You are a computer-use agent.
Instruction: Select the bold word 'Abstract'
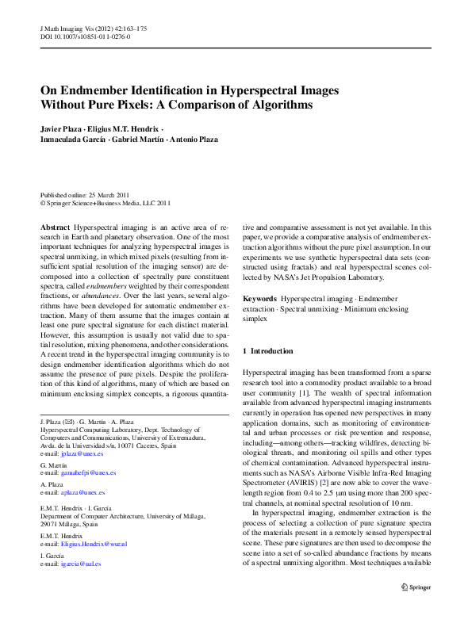click(x=55, y=227)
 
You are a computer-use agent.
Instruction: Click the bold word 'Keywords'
click(x=259, y=298)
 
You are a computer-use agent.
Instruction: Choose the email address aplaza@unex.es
click(x=83, y=492)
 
